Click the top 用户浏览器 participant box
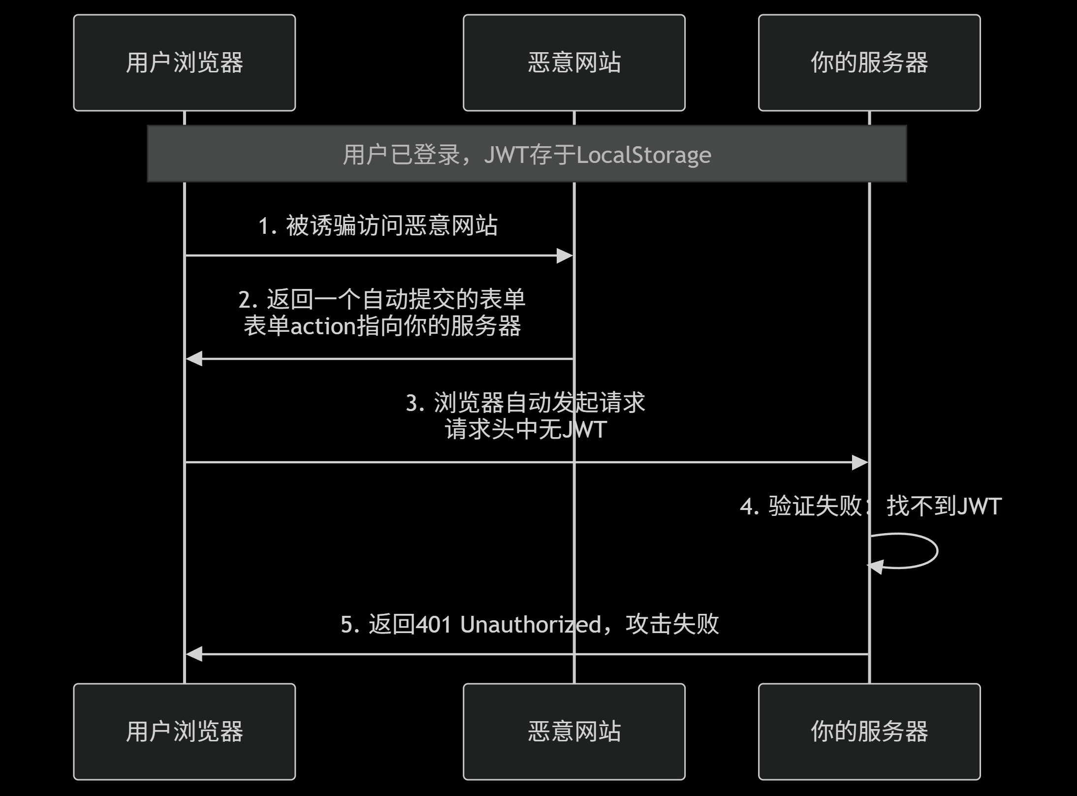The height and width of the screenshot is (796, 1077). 185,63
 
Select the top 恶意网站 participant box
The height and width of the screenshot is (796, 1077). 574,63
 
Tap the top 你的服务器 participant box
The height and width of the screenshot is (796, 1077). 869,63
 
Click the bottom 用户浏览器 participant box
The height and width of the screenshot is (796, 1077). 185,732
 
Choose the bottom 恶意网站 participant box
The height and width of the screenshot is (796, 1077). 574,732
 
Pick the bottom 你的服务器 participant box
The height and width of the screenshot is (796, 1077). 869,732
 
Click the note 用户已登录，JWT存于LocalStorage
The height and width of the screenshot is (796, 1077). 527,154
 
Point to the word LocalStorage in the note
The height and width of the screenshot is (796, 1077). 644,155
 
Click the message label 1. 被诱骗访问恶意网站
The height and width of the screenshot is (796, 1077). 378,226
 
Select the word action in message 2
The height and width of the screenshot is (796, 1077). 323,326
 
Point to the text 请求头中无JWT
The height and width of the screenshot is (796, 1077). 526,429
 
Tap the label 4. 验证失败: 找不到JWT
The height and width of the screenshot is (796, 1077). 870,506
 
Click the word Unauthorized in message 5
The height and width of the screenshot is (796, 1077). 531,625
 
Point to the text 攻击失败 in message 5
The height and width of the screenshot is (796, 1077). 672,624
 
